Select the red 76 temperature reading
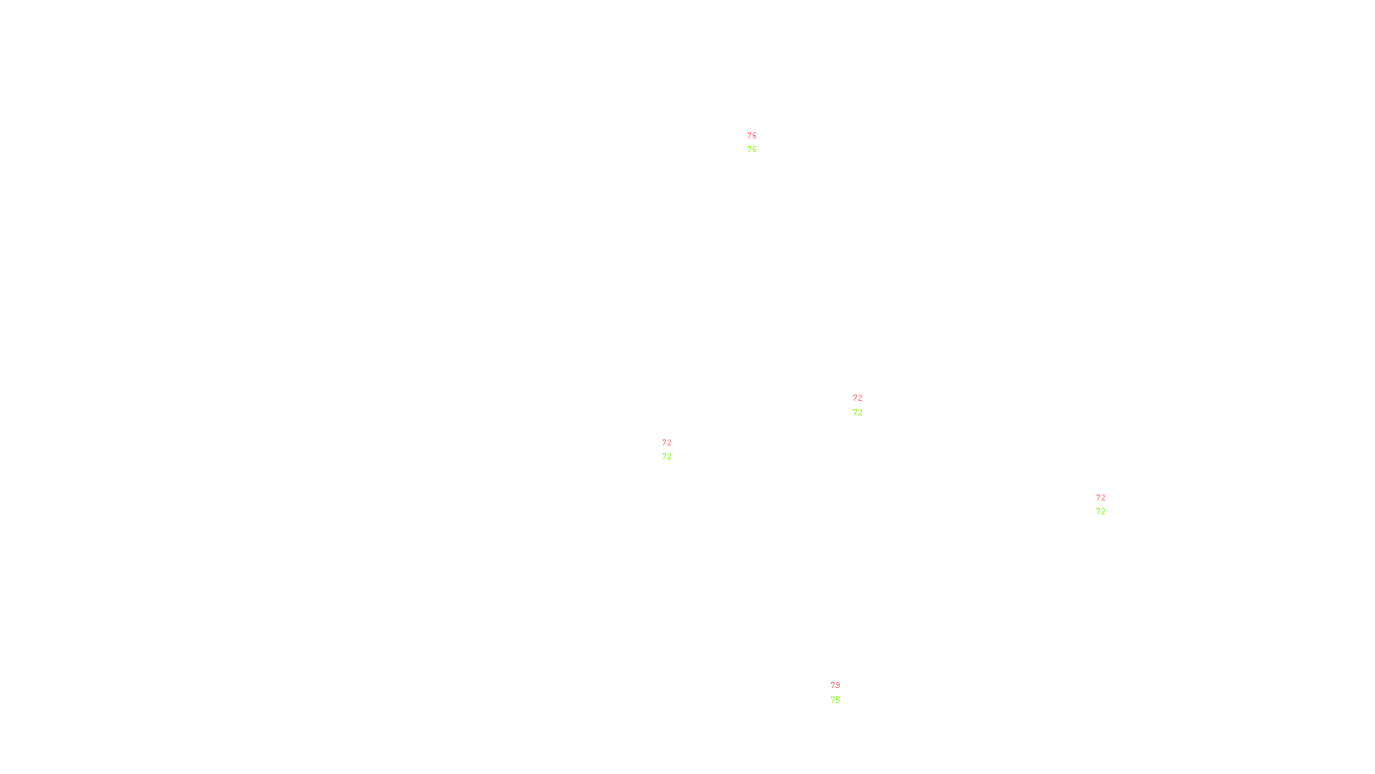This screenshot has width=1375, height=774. coord(752,136)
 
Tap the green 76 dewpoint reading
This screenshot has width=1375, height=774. coord(752,150)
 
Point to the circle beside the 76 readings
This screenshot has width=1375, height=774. coord(761,144)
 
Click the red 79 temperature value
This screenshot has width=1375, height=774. coord(835,685)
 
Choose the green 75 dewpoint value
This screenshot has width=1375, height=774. coord(835,700)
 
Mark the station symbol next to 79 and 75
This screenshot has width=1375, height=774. coord(843,693)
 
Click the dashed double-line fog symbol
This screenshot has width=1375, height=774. coord(859,406)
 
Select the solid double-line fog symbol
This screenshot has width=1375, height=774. coord(1101,506)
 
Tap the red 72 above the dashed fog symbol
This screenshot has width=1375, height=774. coord(858,398)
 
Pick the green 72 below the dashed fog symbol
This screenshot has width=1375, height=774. coord(858,413)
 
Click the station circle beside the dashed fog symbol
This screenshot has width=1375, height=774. coord(866,405)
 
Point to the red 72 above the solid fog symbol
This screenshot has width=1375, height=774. coord(1101,498)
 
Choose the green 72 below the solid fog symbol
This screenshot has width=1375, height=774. coord(1101,512)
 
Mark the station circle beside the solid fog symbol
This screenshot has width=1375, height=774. coord(1109,505)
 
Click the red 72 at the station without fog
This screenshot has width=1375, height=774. coord(667,443)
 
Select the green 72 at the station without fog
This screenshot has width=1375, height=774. coord(667,457)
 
